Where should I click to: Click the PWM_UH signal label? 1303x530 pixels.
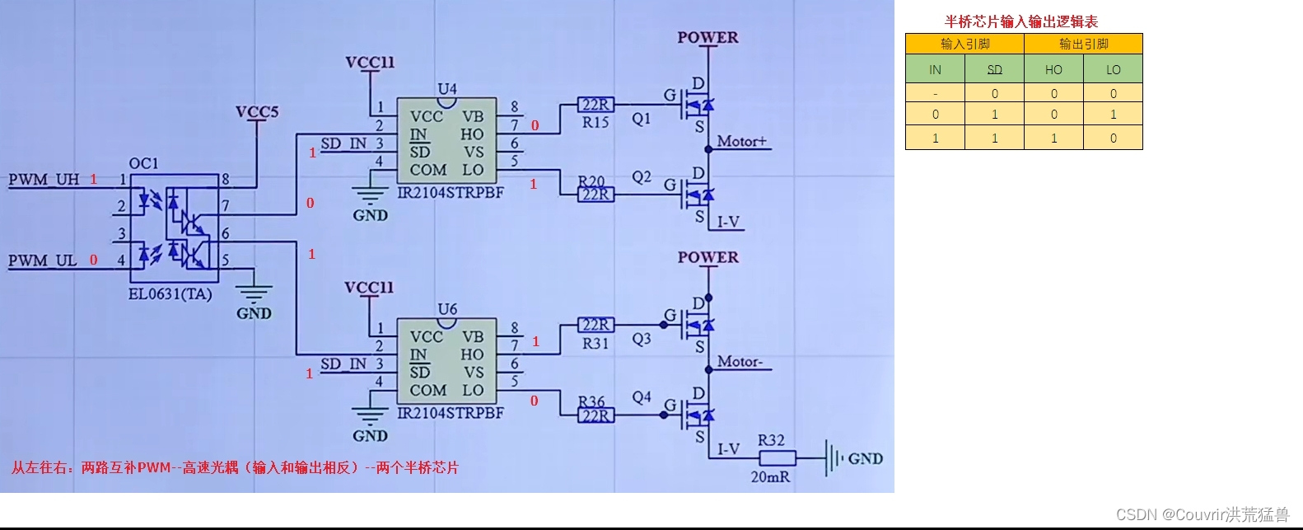pos(44,180)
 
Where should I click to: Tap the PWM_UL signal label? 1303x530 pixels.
pos(42,260)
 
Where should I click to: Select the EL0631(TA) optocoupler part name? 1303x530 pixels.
pos(170,294)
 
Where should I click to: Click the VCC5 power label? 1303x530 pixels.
pos(257,112)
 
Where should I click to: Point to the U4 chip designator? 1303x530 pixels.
pos(447,88)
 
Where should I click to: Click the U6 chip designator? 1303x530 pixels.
pos(447,309)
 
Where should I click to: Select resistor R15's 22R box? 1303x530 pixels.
pos(595,105)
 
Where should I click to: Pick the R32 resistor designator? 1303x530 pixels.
pos(771,440)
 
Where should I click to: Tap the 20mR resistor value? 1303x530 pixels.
pos(770,476)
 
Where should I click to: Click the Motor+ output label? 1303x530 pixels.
pos(741,142)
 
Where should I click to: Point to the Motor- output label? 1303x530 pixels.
pos(740,362)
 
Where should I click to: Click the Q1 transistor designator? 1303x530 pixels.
pos(642,119)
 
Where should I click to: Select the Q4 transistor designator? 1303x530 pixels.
pos(642,397)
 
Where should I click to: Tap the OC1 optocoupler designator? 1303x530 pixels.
pos(143,163)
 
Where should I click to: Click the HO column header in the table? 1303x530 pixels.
pos(1053,70)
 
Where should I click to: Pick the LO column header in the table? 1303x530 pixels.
pos(1113,70)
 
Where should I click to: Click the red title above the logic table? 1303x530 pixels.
pos(1021,21)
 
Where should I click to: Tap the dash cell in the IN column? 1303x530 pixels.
pos(935,93)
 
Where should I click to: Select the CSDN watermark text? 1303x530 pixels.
pos(1202,514)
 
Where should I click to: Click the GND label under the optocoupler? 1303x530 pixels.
pos(254,313)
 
